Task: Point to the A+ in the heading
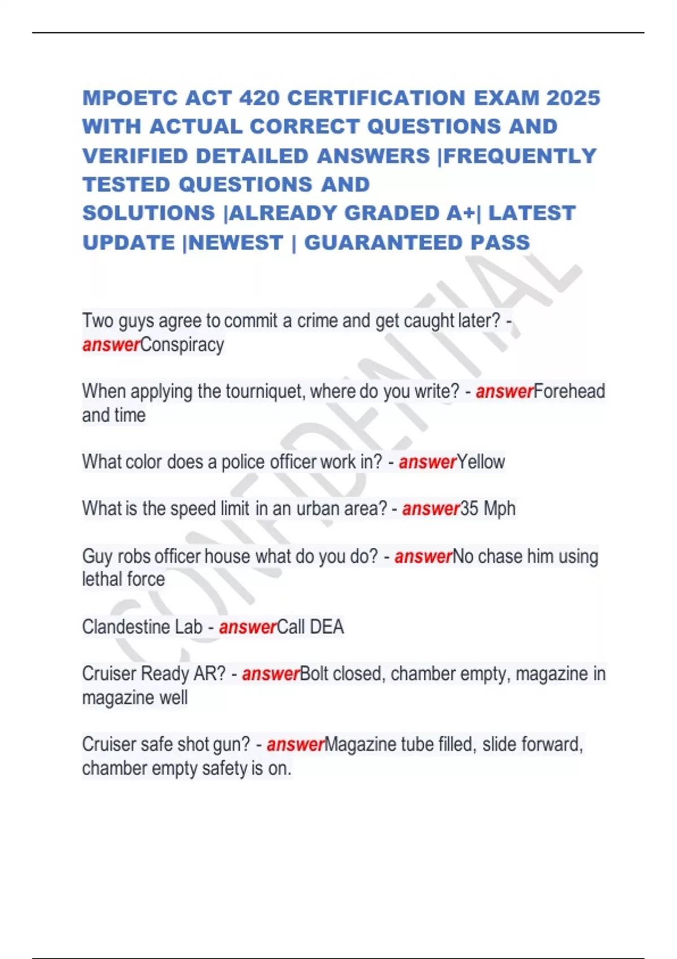[x=460, y=213]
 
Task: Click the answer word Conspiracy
[x=182, y=345]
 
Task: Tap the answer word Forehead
[x=569, y=391]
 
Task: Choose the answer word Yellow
[x=481, y=462]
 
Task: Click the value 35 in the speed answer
[x=469, y=509]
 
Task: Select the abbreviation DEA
[x=327, y=627]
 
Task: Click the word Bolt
[x=313, y=674]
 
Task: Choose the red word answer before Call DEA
[x=248, y=627]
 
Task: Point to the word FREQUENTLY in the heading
[x=520, y=156]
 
